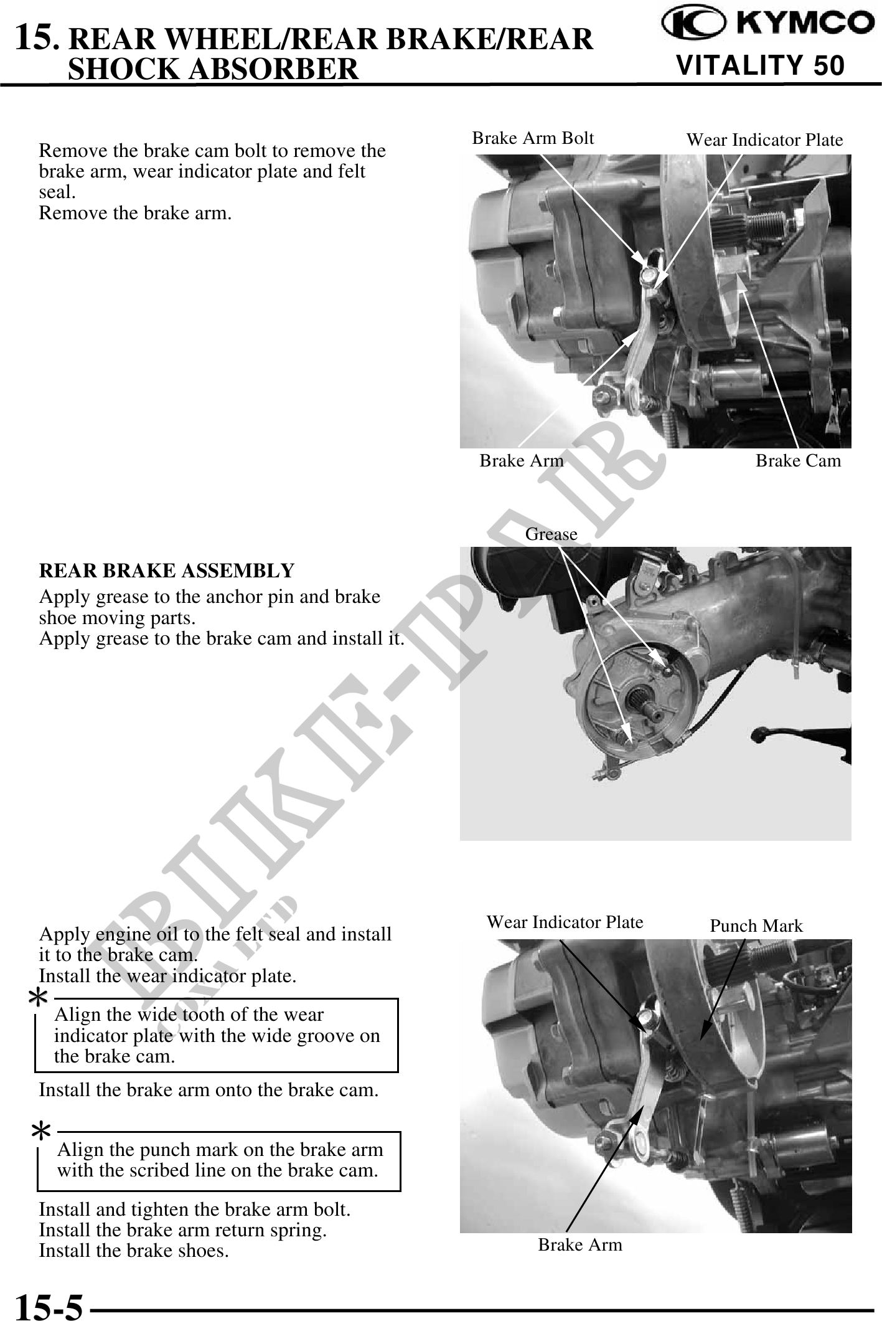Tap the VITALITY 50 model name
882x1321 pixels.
[761, 65]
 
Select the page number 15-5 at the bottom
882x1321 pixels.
[49, 1306]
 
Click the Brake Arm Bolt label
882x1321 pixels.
[533, 138]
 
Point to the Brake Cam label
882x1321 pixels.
[798, 460]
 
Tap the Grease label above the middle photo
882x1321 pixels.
[551, 534]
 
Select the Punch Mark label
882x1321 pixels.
[756, 926]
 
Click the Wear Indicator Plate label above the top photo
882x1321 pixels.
[764, 140]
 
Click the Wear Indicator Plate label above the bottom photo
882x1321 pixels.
[565, 922]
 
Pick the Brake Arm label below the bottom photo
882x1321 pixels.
[580, 1244]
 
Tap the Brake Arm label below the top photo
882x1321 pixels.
[522, 460]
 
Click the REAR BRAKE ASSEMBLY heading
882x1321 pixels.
[167, 570]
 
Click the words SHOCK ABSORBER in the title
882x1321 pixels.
[213, 69]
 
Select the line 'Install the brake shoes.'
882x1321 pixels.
[134, 1249]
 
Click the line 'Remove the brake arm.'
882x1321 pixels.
[136, 213]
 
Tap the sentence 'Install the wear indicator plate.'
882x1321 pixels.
[167, 975]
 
